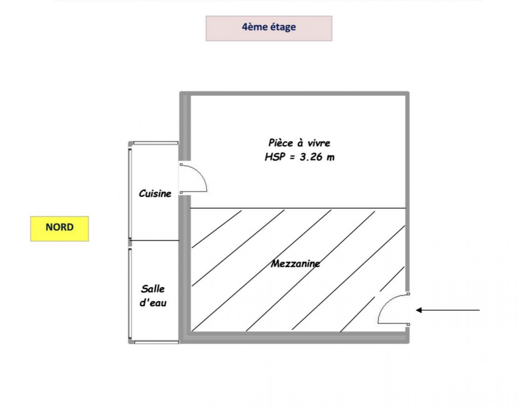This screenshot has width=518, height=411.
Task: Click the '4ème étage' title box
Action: (269, 28)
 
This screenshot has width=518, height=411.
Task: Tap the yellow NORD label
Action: (59, 229)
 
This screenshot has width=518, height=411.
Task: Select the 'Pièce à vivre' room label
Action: (299, 143)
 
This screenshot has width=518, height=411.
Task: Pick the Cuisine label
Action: (155, 193)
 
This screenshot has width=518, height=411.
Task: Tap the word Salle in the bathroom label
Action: (153, 289)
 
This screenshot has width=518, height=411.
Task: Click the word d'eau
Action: (153, 303)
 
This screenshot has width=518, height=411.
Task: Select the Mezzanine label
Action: (295, 263)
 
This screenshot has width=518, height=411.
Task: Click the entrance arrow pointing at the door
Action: (448, 310)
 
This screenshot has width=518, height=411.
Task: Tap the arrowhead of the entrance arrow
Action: (419, 310)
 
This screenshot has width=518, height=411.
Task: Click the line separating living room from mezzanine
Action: (298, 208)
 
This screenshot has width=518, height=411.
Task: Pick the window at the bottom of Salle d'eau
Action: (156, 342)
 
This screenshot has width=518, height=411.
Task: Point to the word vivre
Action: (319, 143)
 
